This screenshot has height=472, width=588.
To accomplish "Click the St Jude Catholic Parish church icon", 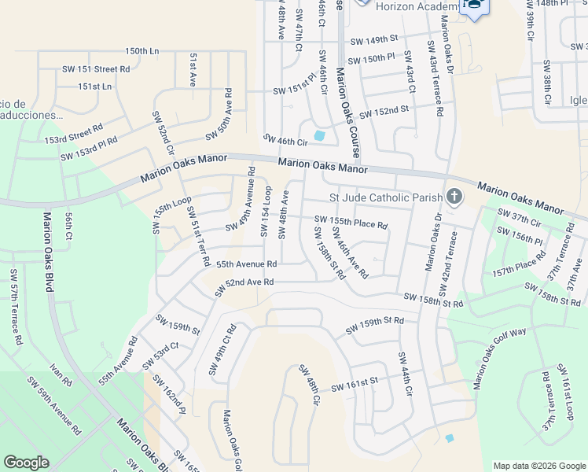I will [454, 196].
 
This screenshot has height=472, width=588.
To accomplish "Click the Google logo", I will [26, 463].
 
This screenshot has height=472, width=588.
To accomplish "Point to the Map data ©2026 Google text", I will [538, 466].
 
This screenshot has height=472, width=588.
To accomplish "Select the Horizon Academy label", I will [417, 6].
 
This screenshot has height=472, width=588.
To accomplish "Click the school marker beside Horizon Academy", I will [475, 6].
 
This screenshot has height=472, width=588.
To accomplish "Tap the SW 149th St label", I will [374, 39].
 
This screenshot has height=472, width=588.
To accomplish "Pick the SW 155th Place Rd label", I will [351, 223].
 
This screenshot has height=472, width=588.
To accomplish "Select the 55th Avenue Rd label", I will [246, 265].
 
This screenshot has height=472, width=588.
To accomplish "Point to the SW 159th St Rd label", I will [374, 324].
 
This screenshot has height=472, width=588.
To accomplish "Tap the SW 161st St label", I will [355, 385].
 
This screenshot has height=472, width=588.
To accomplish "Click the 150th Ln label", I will [141, 51].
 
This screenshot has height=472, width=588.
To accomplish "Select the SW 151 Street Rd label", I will [95, 69].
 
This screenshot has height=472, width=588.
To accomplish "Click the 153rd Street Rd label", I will [73, 133].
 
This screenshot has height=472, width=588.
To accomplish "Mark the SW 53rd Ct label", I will [160, 356].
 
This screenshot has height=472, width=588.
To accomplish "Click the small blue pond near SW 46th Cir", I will [319, 135].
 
